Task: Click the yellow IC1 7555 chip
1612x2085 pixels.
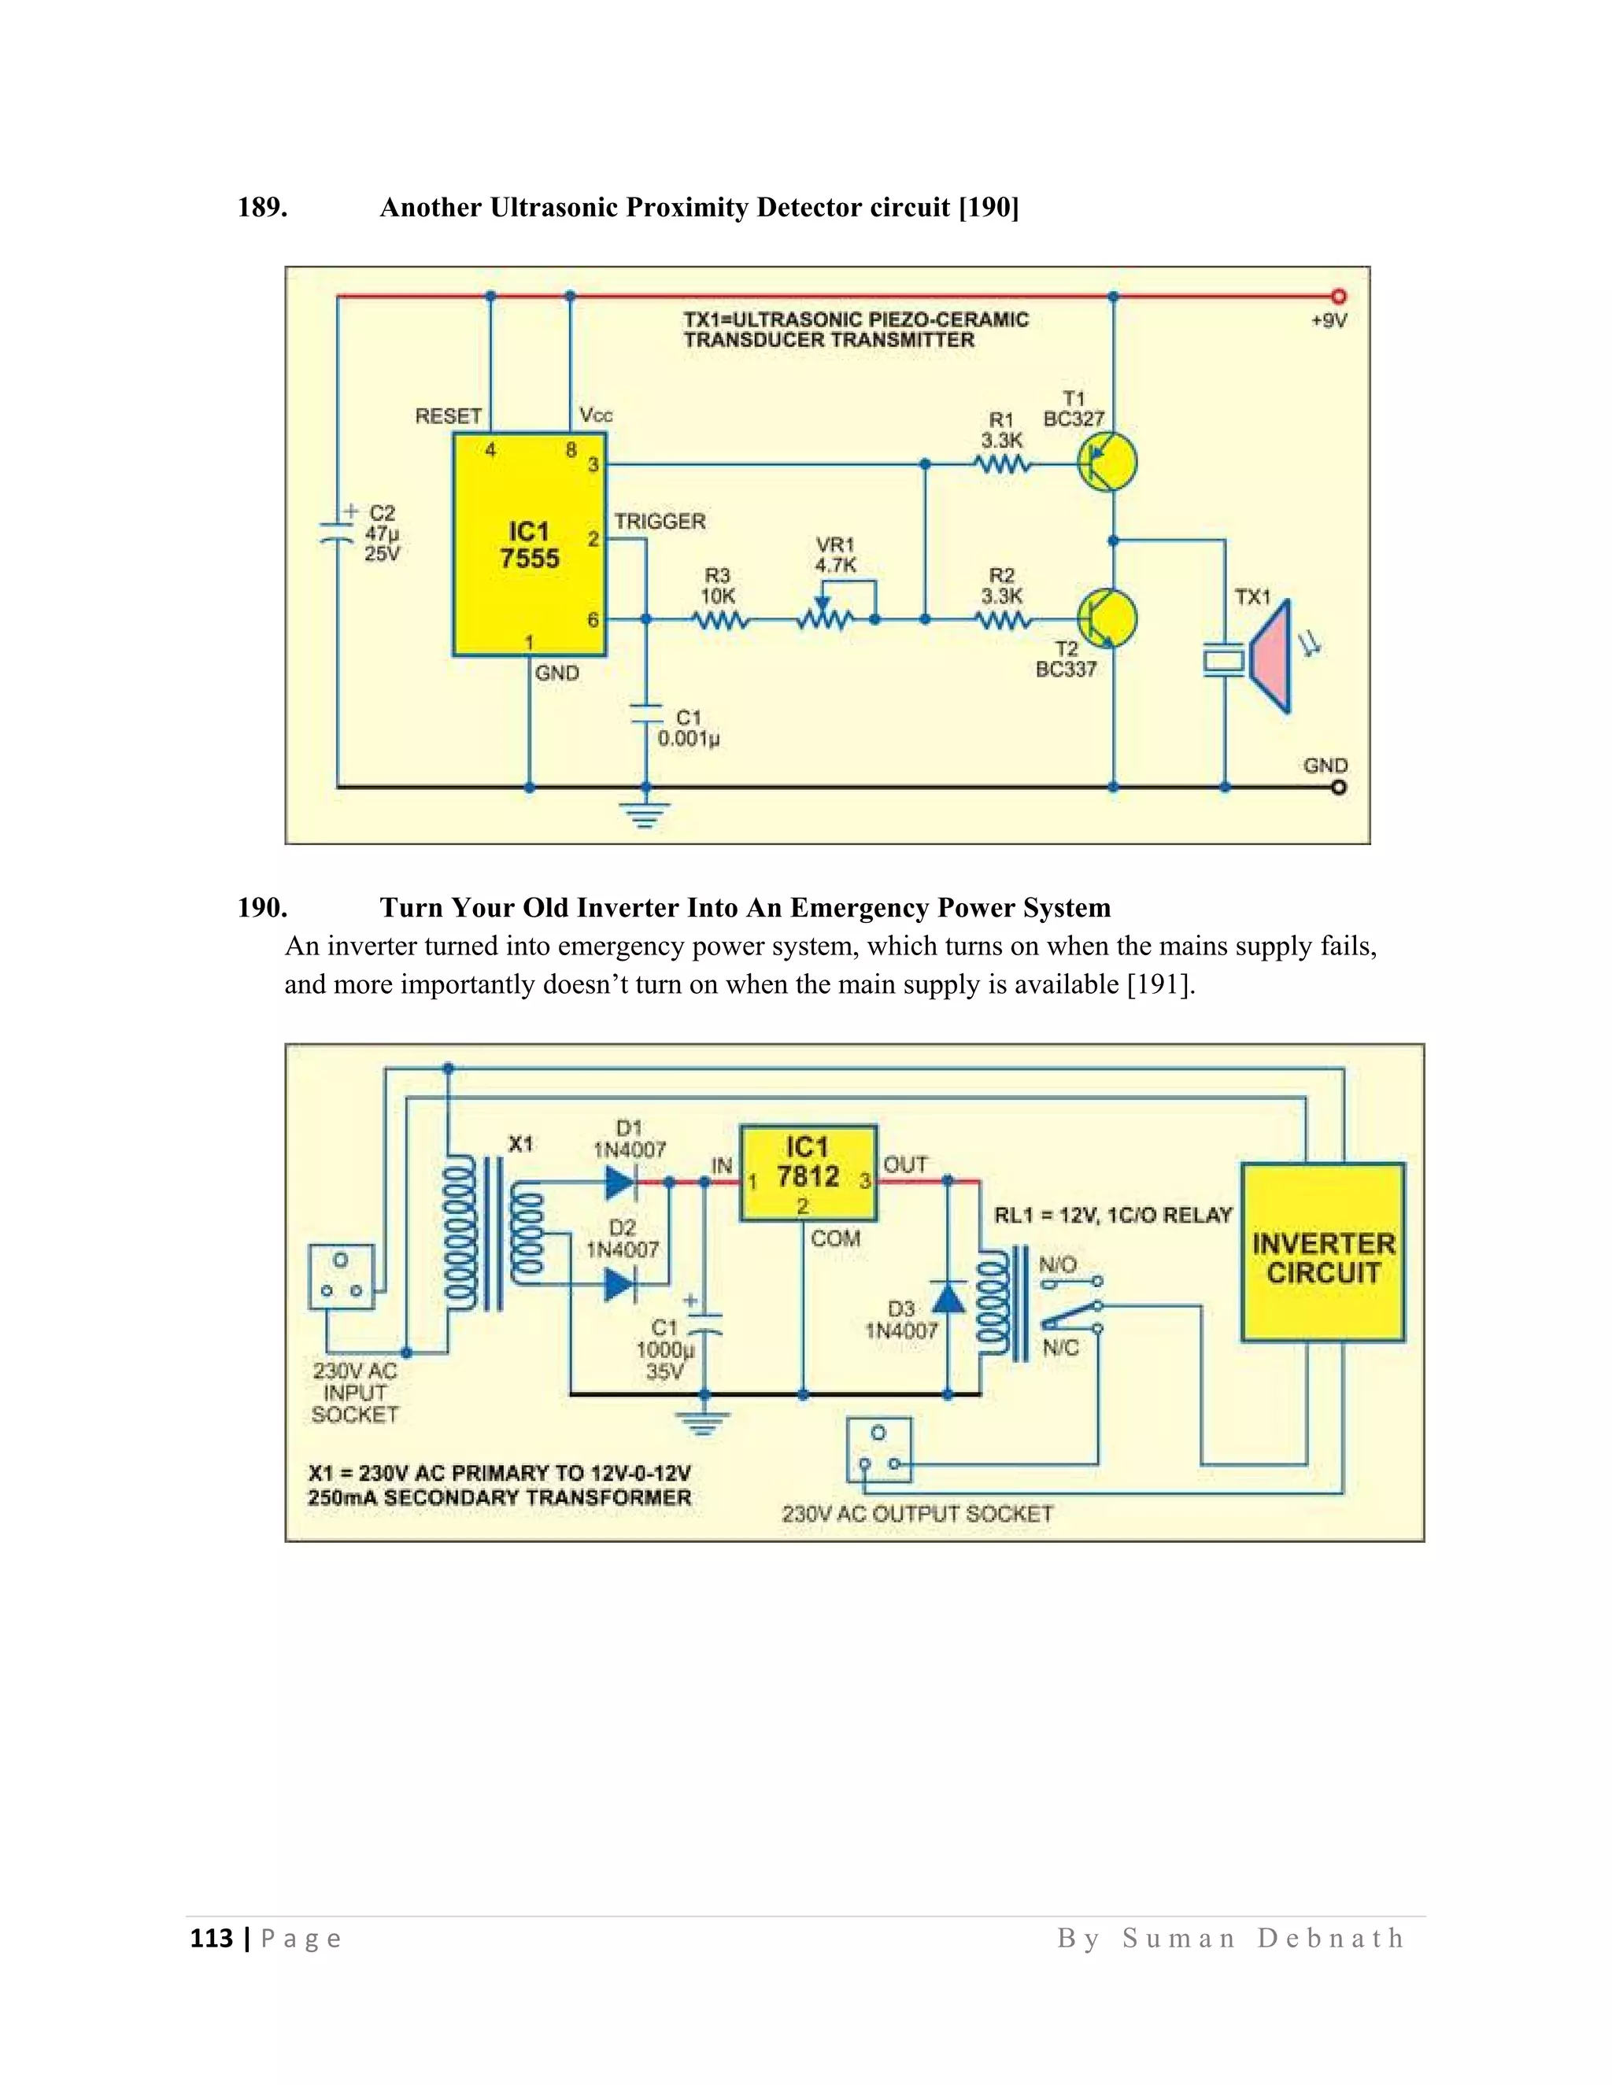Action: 529,545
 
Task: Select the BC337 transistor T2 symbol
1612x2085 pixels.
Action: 1107,618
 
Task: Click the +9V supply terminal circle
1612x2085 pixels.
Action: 1339,297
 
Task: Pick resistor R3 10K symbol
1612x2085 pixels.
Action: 721,621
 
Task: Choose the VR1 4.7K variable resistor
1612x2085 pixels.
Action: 825,618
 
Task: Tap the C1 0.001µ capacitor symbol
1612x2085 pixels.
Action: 646,714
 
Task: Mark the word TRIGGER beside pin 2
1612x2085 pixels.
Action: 660,521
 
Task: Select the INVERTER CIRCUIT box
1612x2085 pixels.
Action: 1322,1252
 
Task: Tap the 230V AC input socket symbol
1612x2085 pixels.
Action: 341,1275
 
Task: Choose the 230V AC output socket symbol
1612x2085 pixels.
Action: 878,1449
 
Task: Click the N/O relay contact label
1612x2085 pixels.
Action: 1057,1265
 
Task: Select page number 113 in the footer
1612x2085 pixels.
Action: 212,1938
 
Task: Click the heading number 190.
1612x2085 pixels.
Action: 261,907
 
